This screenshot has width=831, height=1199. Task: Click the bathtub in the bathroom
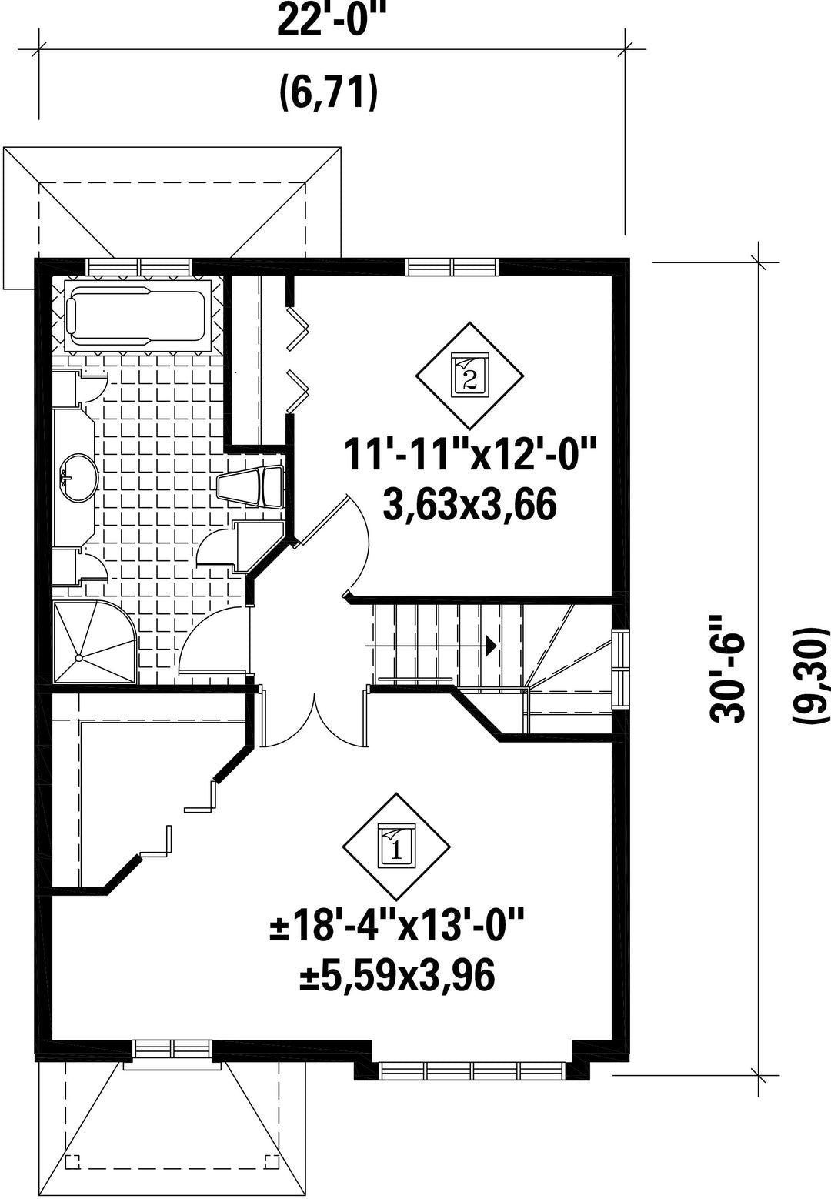pyautogui.click(x=137, y=316)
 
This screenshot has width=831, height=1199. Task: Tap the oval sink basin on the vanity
pyautogui.click(x=78, y=478)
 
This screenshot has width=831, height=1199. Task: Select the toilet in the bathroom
pyautogui.click(x=250, y=486)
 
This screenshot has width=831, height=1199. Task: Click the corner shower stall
pyautogui.click(x=94, y=643)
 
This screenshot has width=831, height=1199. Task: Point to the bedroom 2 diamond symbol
pyautogui.click(x=469, y=376)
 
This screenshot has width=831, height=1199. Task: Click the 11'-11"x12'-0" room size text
pyautogui.click(x=470, y=453)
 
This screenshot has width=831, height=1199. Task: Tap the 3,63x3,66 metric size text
pyautogui.click(x=470, y=506)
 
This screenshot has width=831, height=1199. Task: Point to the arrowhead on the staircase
pyautogui.click(x=491, y=646)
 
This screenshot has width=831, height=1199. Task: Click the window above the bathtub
pyautogui.click(x=139, y=266)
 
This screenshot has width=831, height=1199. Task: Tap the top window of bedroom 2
pyautogui.click(x=452, y=266)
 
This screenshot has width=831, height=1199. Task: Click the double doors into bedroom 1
pyautogui.click(x=315, y=720)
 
